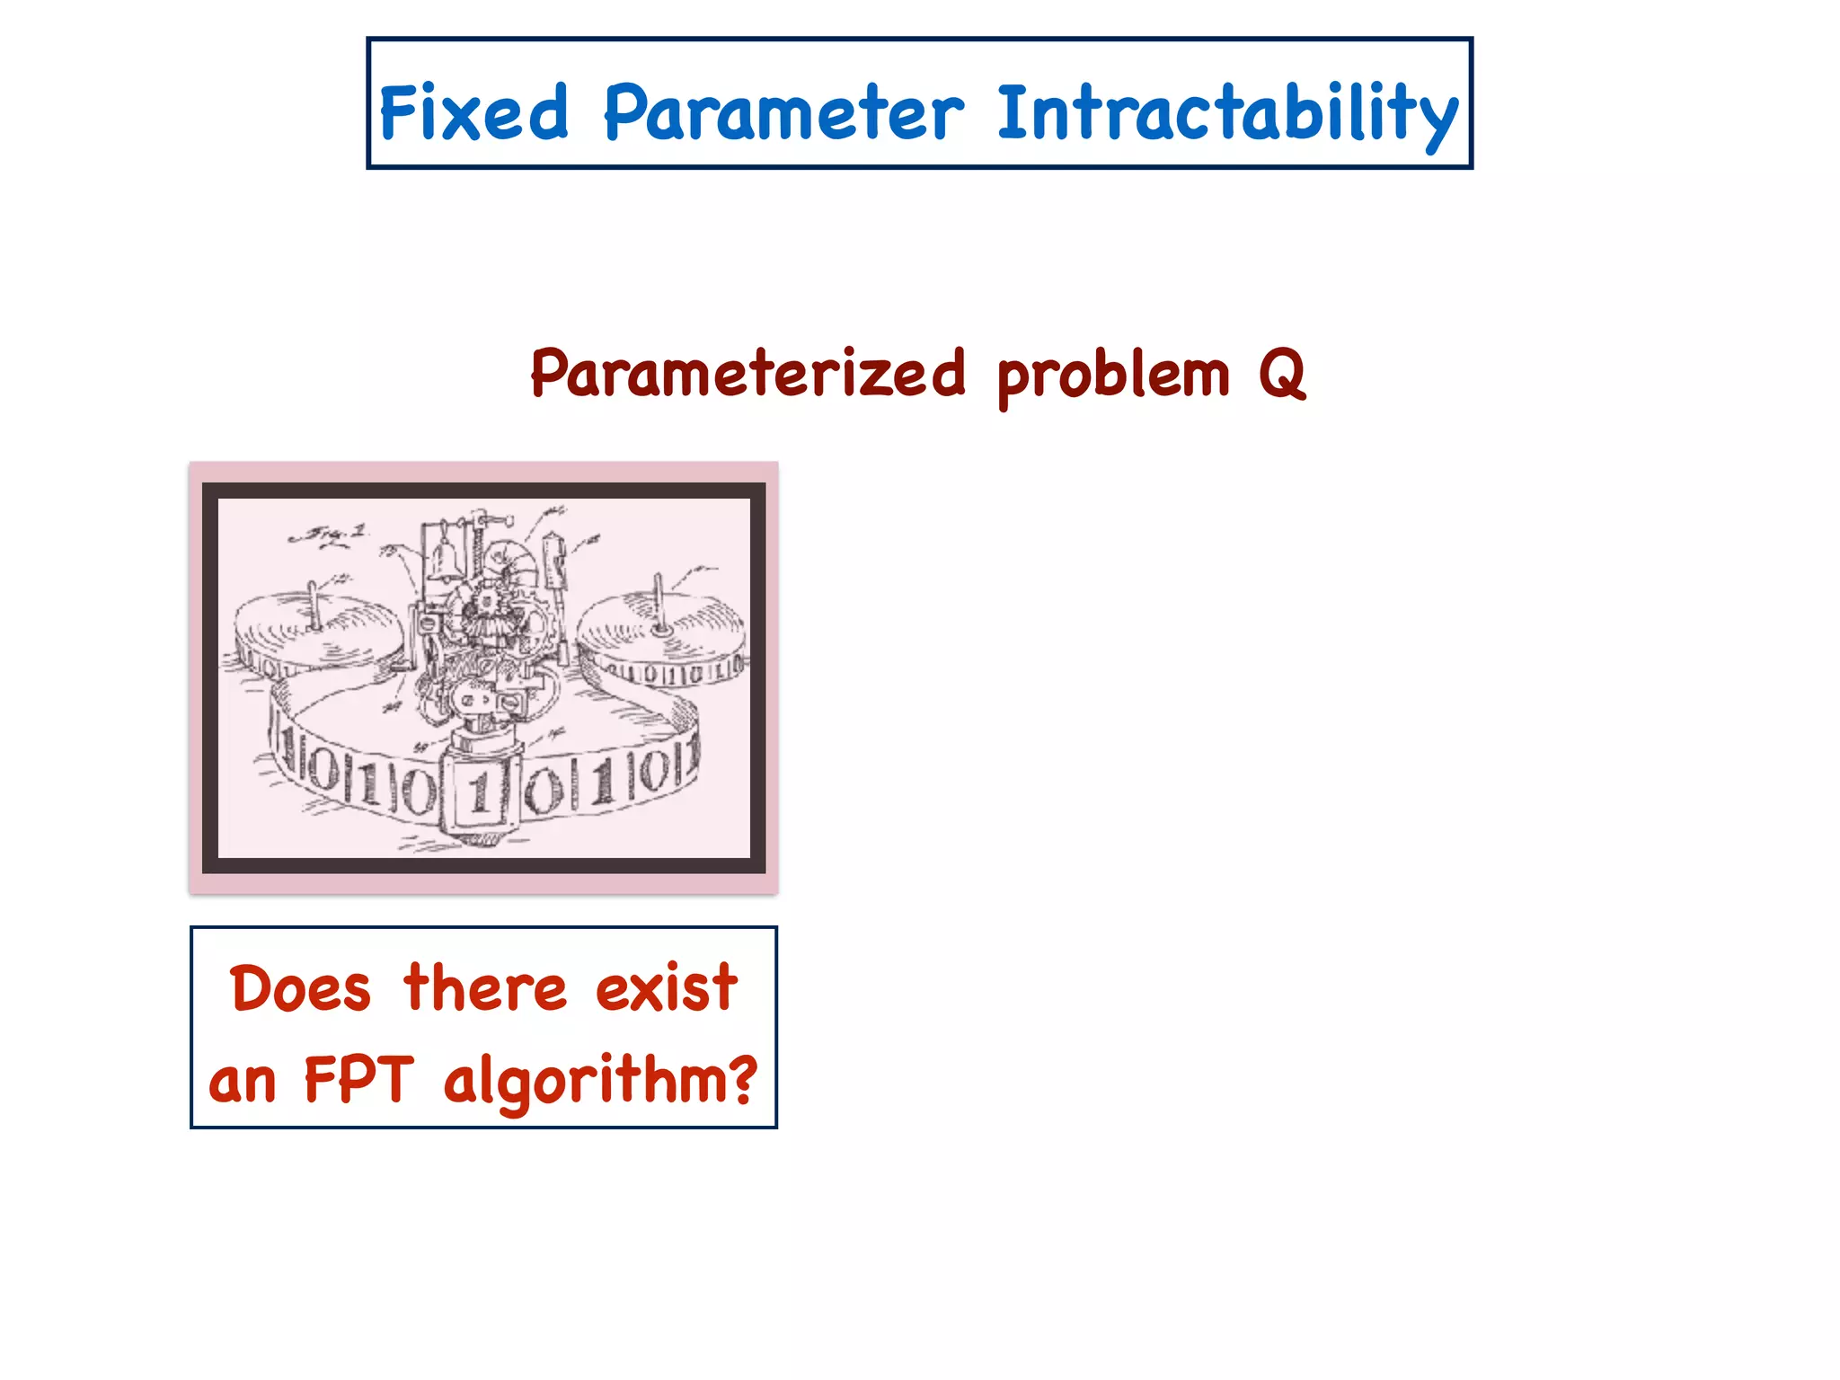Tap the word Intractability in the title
(x=1227, y=114)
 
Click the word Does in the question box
(x=300, y=988)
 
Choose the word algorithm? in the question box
(x=600, y=1081)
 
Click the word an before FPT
(x=242, y=1081)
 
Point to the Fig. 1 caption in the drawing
(x=328, y=535)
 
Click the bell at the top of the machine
(x=444, y=562)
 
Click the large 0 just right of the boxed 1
(x=544, y=791)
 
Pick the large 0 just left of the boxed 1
(x=419, y=791)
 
